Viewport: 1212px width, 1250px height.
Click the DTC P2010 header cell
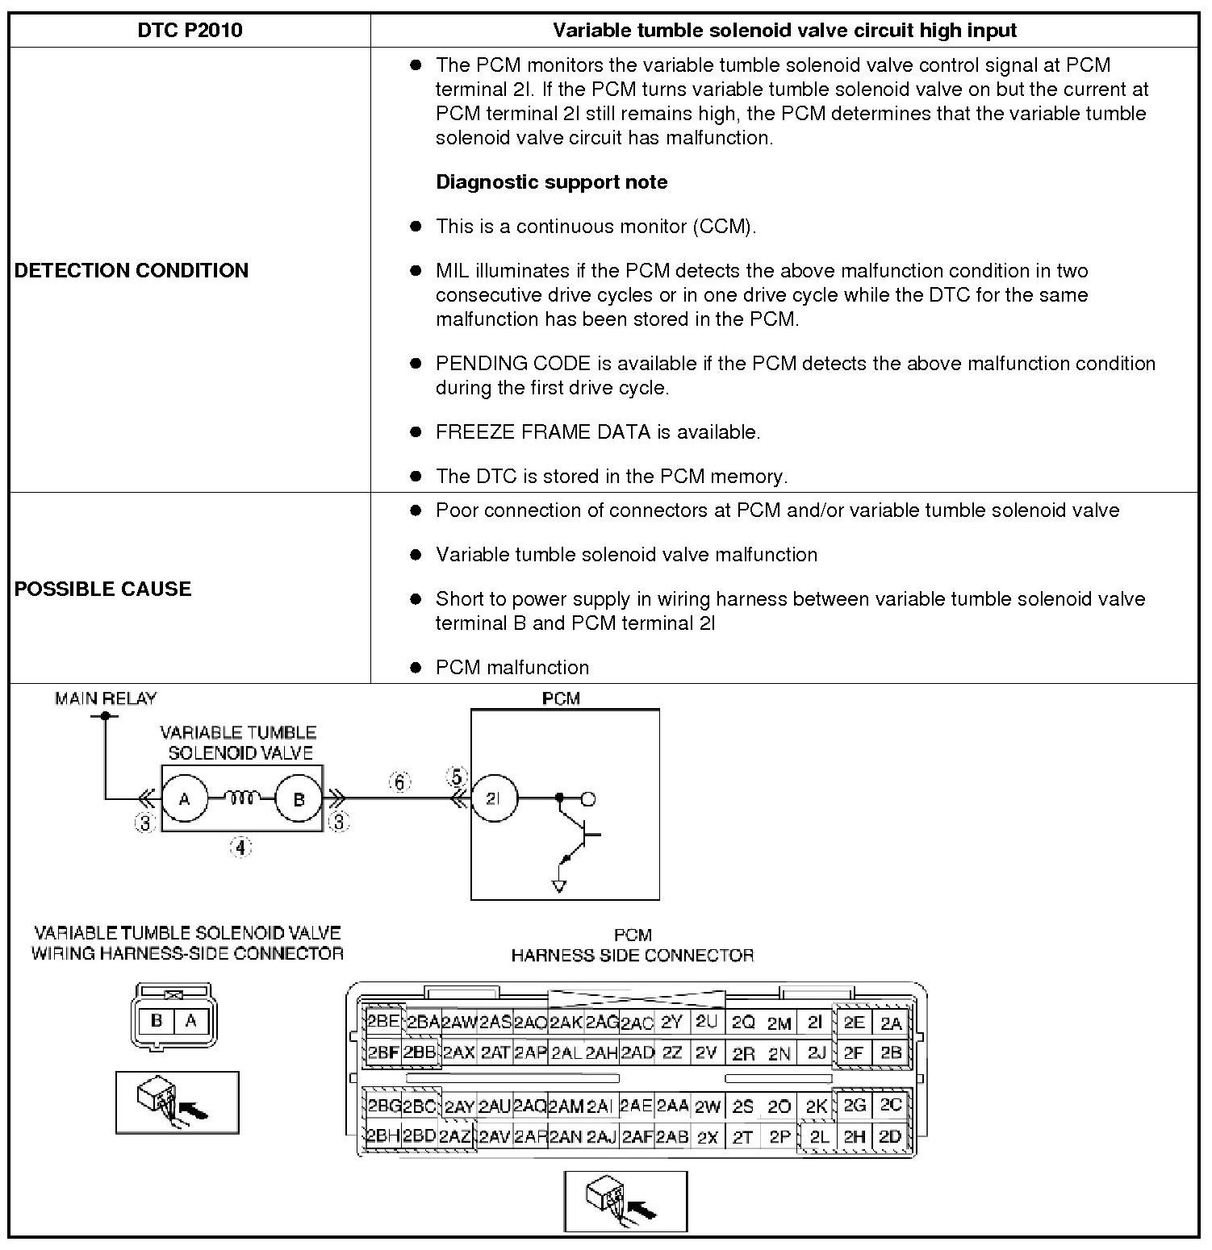190,31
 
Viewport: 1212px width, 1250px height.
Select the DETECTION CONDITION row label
132,270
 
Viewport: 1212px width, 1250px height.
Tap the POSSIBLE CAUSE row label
103,589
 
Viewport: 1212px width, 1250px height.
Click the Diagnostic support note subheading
552,182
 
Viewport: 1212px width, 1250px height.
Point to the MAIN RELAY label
106,698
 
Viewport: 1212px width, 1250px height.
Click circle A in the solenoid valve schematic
185,799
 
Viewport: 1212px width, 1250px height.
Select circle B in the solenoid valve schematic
299,799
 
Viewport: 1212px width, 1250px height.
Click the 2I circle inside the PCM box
494,799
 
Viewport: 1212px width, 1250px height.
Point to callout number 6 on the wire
400,781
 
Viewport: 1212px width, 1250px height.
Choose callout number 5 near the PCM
457,777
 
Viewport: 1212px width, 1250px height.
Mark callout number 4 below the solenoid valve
241,848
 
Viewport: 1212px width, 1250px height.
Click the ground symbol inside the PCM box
558,886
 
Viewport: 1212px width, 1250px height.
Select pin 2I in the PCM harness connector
815,1023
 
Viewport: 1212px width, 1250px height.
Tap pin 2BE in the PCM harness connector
383,1022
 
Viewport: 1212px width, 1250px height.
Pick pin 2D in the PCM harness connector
890,1136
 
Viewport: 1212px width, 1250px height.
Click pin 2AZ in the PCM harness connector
456,1137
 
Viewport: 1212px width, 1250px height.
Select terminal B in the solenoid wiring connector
157,1021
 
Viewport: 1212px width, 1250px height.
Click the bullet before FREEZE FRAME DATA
416,432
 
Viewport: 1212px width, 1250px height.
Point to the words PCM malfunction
512,668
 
